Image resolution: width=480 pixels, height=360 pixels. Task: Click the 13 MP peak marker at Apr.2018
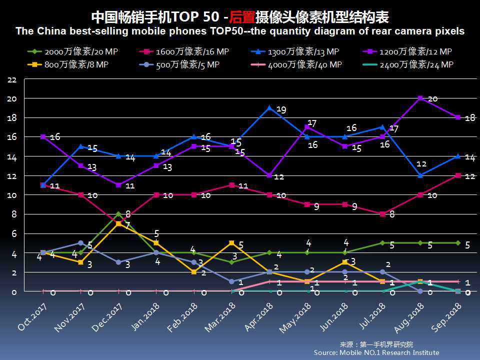coord(269,107)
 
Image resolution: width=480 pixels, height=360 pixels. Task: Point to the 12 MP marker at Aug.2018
coord(420,98)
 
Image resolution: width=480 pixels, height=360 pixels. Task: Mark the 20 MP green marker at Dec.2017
coord(118,214)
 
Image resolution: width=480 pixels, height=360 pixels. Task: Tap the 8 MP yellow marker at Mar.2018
coord(231,243)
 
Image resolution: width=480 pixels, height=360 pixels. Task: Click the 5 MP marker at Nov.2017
coord(80,243)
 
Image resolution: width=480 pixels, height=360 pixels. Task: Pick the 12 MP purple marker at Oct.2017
coord(43,136)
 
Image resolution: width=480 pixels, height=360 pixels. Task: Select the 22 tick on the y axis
coord(12,80)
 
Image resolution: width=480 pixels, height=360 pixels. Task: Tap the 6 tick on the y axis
coord(14,233)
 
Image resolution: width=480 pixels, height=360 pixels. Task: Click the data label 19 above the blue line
coord(281,109)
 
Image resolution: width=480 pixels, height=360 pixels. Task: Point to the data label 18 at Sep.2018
coord(469,118)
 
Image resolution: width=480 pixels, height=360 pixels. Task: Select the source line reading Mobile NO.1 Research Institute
coord(376,352)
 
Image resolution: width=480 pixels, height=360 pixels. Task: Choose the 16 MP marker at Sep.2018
coord(458,175)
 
